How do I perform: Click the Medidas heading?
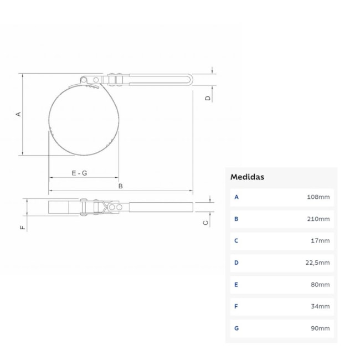click(247, 177)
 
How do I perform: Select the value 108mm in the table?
click(318, 197)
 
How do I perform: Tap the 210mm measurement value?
click(318, 219)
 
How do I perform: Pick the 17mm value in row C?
click(320, 240)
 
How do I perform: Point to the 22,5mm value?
click(317, 263)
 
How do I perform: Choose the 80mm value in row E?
click(320, 285)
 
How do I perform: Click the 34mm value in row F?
click(320, 306)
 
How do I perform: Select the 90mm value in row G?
click(320, 328)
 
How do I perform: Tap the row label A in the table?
click(236, 197)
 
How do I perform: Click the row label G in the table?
click(236, 328)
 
